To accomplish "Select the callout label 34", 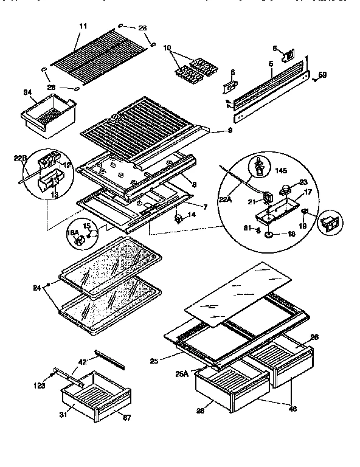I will pos(27,92).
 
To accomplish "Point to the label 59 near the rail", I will pos(323,75).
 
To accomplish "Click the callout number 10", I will pos(167,47).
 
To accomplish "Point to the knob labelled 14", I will pos(179,217).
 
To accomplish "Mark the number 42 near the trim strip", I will pos(82,361).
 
